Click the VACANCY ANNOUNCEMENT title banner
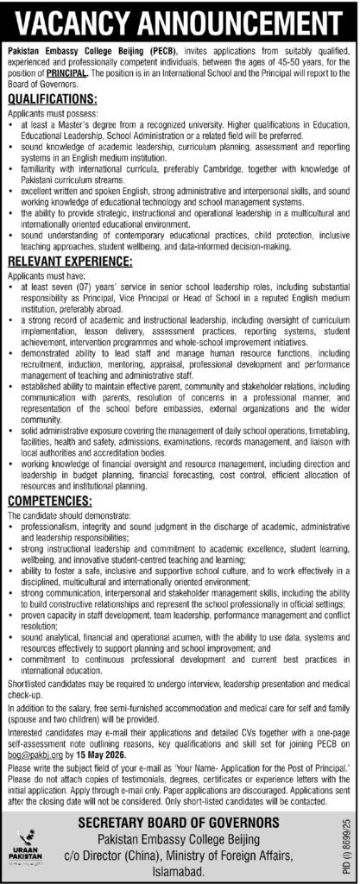(180, 19)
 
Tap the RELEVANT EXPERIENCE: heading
(69, 236)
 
